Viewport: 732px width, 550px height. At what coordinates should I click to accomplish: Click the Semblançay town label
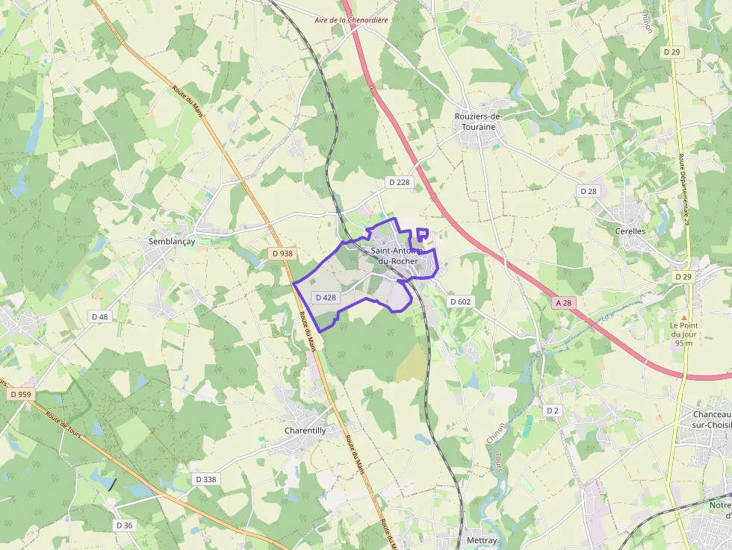167,242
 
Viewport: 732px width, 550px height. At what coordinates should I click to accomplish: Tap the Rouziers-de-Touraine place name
479,122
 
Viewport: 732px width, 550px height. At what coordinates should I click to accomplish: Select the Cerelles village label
630,231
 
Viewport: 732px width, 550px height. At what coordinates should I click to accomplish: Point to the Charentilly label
305,431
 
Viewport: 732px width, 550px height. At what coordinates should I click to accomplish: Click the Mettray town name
481,540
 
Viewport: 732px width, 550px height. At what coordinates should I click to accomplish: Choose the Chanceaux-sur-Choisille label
710,419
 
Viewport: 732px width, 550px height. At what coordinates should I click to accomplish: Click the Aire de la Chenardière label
351,20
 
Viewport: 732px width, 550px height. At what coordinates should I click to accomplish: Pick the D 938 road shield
282,254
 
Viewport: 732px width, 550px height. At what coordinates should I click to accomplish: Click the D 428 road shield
326,297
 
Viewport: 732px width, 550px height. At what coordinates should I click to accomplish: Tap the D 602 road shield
460,301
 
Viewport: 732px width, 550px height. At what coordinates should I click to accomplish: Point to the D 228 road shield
399,182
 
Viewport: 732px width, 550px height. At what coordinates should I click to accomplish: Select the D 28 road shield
589,191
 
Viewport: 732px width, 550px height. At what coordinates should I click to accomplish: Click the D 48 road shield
99,316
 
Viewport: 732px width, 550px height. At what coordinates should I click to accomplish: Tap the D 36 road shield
124,525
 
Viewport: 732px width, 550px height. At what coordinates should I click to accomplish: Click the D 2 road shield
552,410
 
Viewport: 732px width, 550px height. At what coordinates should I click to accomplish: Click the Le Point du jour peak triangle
683,316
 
